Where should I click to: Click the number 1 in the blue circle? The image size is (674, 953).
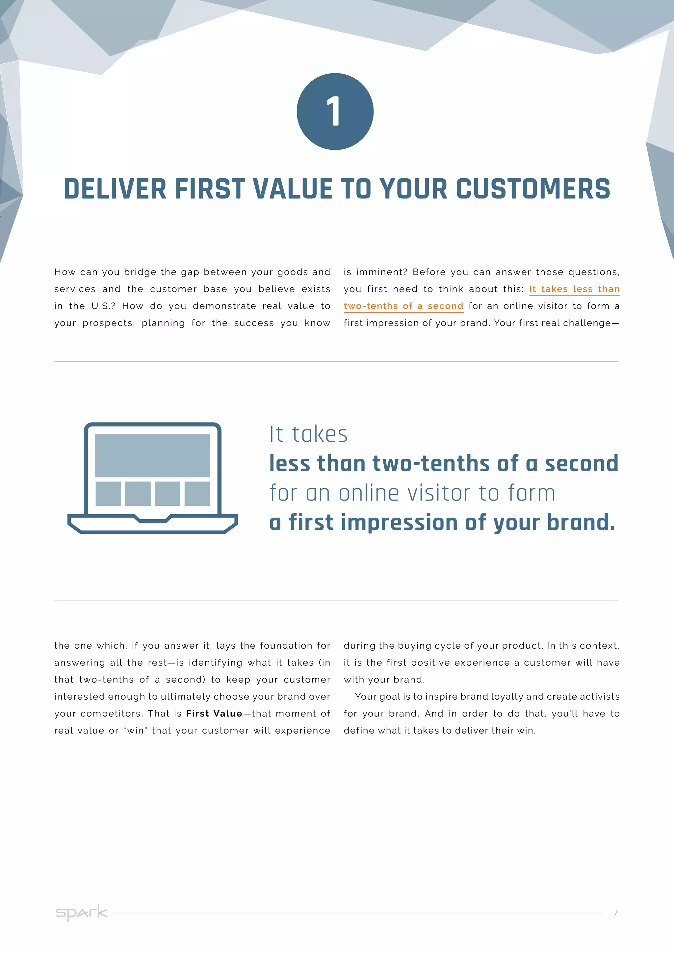point(334,111)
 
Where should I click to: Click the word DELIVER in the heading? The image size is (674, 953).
point(115,189)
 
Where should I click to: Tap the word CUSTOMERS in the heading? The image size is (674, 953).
point(533,189)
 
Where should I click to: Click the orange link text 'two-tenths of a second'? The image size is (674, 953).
point(403,306)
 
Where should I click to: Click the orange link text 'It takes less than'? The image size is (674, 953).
point(574,289)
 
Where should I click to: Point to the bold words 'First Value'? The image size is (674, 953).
point(214,713)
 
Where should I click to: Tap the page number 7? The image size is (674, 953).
point(616,912)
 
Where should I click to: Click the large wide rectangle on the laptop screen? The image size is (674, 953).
point(152,455)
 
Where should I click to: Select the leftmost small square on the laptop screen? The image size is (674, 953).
point(108,494)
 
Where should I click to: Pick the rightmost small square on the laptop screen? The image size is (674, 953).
point(197,494)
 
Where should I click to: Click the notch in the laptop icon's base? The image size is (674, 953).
point(152,519)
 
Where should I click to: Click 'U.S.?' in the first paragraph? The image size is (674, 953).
point(103,306)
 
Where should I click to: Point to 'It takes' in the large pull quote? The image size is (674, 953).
point(308,435)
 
